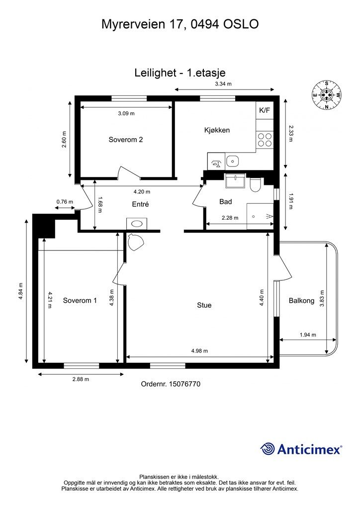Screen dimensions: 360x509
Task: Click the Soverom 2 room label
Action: [x=126, y=140]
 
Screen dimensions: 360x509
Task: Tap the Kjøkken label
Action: [x=217, y=130]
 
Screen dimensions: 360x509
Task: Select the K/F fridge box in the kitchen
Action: [x=265, y=110]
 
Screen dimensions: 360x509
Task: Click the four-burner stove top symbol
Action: [x=265, y=140]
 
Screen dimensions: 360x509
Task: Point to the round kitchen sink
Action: [x=232, y=161]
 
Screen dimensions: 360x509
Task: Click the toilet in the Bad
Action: [x=255, y=185]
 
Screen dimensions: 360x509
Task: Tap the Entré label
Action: [x=141, y=204]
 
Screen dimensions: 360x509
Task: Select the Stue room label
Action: [x=204, y=305]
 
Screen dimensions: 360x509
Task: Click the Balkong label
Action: [x=301, y=301]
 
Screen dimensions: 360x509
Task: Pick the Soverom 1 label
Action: [x=80, y=300]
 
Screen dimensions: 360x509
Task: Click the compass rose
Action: [x=327, y=95]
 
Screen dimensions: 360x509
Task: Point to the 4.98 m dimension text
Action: [x=199, y=350]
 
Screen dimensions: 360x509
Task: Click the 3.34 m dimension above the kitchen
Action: [x=223, y=84]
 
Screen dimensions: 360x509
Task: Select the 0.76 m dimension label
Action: [x=65, y=202]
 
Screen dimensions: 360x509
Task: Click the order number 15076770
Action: [x=184, y=384]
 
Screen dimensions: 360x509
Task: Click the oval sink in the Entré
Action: [x=137, y=224]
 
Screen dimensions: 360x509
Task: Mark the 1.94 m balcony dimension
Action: [x=308, y=335]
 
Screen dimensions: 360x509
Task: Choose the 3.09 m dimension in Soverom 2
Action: [x=126, y=113]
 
